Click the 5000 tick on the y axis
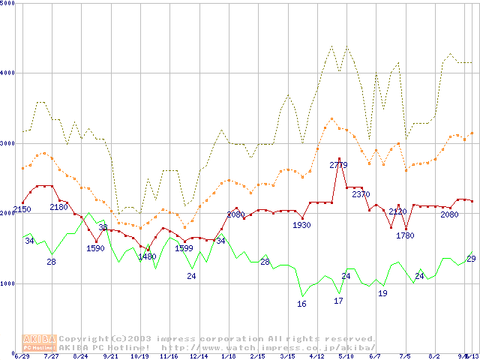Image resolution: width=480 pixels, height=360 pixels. [8, 3]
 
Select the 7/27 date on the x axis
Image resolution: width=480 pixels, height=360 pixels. [52, 357]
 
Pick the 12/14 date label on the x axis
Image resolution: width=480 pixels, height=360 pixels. [199, 357]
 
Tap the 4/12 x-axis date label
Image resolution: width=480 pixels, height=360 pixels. [316, 357]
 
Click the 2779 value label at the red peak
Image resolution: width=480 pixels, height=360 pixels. [340, 164]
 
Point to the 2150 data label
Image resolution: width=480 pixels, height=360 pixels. [22, 209]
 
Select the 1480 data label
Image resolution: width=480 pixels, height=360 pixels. [147, 256]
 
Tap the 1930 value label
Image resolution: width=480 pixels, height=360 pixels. [301, 225]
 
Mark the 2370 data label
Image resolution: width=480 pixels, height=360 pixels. [361, 194]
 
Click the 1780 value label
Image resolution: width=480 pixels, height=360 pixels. [405, 235]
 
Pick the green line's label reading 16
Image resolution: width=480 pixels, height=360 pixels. [301, 304]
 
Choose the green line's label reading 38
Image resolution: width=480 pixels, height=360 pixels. [103, 226]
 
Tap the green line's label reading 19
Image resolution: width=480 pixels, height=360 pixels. [382, 293]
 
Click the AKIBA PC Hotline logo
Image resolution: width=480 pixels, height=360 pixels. [40, 343]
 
